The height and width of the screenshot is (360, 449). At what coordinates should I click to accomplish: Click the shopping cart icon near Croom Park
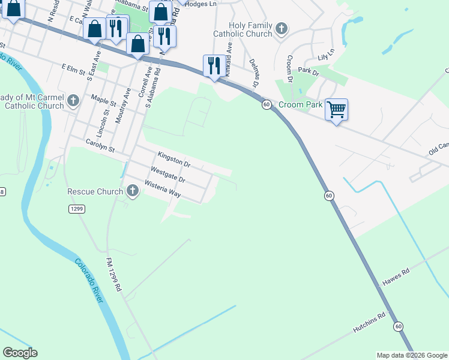[x=337, y=109]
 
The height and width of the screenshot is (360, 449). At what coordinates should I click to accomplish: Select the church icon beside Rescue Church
[x=133, y=191]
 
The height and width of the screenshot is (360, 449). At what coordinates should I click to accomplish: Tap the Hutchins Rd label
[x=369, y=323]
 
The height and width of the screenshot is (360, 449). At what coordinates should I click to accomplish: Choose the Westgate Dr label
[x=168, y=175]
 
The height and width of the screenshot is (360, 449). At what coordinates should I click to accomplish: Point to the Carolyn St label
[x=100, y=145]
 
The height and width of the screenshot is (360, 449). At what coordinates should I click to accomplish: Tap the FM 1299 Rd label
[x=113, y=275]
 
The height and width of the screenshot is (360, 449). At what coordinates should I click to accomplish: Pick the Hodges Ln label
[x=200, y=4]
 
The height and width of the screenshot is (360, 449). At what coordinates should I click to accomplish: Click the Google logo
[x=20, y=353]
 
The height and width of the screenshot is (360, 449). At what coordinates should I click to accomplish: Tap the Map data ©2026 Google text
[x=411, y=355]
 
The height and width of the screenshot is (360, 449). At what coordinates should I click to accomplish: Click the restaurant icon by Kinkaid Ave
[x=214, y=65]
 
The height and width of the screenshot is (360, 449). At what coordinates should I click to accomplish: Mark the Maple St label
[x=103, y=97]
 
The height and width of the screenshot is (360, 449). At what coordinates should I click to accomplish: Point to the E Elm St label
[x=74, y=68]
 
